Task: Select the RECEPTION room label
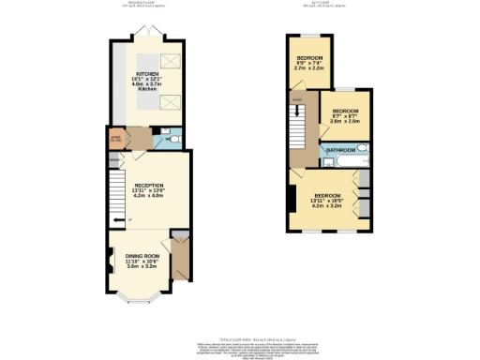[149, 187]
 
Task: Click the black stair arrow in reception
[117, 221]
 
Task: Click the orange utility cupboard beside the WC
[116, 142]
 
